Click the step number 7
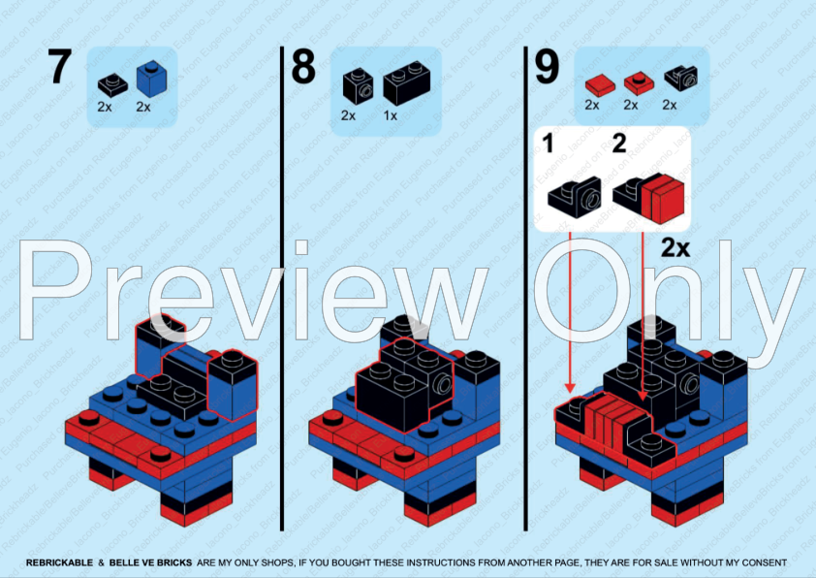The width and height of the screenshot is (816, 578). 59,68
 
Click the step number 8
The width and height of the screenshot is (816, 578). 303,68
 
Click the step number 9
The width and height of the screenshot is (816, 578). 548,68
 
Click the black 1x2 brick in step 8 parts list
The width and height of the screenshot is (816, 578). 406,85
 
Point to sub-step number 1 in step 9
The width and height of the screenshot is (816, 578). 549,144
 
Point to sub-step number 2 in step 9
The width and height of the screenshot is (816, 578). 619,144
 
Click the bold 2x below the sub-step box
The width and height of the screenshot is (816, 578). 675,248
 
